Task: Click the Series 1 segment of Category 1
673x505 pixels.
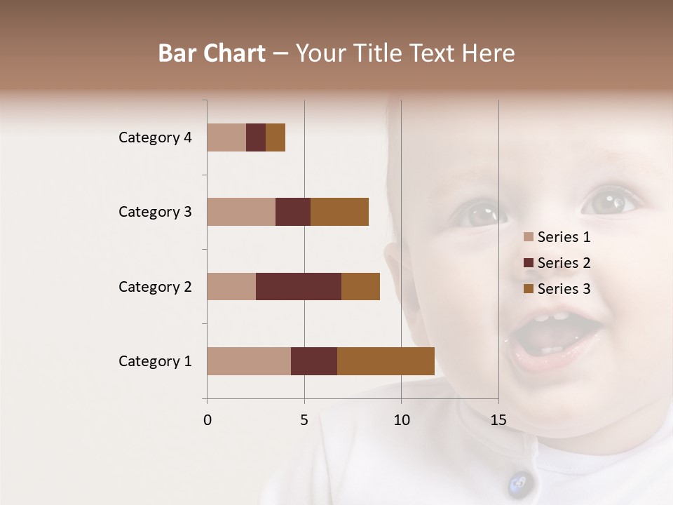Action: (x=249, y=361)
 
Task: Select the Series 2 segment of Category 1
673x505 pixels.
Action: (x=314, y=361)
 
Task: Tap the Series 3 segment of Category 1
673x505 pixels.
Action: (x=386, y=361)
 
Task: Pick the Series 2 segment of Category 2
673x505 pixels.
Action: (x=299, y=286)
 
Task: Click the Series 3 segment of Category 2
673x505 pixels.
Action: (x=360, y=286)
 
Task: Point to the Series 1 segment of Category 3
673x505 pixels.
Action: (x=241, y=212)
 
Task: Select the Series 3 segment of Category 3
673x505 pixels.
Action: (x=339, y=212)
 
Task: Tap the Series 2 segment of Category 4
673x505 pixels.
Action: (x=256, y=137)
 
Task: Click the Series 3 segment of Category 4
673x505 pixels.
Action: (x=276, y=137)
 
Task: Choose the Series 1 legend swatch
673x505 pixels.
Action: (x=528, y=237)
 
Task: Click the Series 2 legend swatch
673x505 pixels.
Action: (x=528, y=263)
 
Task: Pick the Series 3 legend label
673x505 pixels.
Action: (x=564, y=289)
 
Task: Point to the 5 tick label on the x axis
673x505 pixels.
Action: (x=304, y=420)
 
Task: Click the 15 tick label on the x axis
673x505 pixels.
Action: (x=498, y=420)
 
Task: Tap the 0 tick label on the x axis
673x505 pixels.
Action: (x=208, y=420)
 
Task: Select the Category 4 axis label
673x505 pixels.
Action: (x=155, y=137)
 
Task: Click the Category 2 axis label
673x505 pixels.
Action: (x=155, y=286)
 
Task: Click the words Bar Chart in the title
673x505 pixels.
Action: (x=212, y=53)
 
